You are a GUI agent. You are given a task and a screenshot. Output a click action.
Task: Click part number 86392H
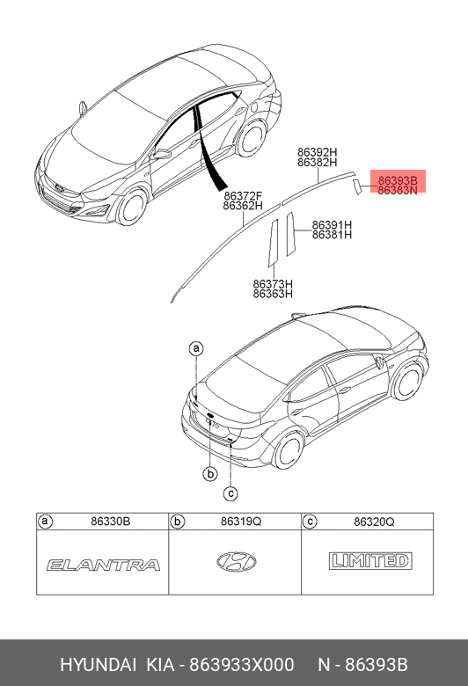(318, 152)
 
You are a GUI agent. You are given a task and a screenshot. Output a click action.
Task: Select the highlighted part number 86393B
(398, 180)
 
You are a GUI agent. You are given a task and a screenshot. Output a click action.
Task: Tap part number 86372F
(243, 195)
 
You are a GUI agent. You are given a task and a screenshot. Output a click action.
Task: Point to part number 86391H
(332, 225)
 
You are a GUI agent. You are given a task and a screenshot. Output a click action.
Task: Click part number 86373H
(273, 284)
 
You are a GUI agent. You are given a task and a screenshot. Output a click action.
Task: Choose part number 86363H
(273, 294)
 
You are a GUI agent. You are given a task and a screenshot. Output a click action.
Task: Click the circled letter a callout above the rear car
(196, 348)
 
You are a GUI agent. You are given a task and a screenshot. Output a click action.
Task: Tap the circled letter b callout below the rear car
(210, 473)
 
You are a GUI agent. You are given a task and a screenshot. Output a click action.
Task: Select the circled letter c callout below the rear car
(230, 493)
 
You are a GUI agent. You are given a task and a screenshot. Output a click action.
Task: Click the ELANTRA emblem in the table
(103, 565)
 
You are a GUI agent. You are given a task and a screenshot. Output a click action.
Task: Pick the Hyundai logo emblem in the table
(237, 562)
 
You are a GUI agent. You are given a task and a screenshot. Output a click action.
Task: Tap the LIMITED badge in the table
(370, 561)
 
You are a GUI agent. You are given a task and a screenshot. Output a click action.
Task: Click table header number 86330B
(110, 522)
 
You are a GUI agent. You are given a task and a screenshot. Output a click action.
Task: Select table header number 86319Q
(241, 522)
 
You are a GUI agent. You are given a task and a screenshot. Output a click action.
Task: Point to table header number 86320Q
(374, 522)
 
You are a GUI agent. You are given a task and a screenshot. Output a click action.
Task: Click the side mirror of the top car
(162, 154)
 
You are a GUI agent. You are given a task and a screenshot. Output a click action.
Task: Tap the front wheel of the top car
(132, 207)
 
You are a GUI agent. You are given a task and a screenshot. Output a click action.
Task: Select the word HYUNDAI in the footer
(98, 665)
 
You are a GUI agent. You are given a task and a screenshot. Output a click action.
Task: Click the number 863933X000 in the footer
(241, 665)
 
